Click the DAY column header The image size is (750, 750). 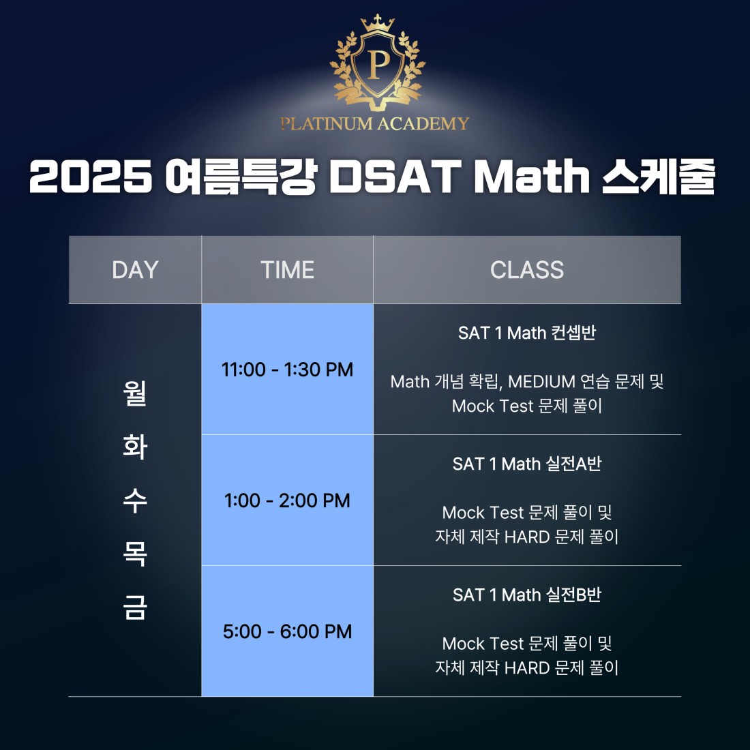pos(135,270)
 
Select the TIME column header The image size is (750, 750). pos(287,270)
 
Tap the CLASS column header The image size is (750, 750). pos(526,270)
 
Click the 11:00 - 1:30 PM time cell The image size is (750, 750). pos(287,370)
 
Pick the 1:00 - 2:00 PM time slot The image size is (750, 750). pos(287,500)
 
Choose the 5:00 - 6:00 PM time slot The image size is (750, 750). pos(287,631)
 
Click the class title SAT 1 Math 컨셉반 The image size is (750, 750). pos(526,333)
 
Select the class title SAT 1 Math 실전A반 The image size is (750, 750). pos(526,464)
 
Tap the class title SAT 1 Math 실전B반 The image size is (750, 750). pos(526,595)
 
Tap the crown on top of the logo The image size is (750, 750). pos(378,23)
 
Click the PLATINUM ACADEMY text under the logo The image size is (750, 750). pos(374,123)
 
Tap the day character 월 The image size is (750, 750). pos(135,393)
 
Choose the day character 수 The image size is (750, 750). pos(135,500)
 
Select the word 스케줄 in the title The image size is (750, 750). pos(659,176)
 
